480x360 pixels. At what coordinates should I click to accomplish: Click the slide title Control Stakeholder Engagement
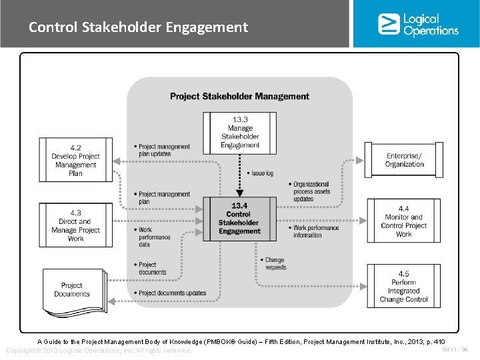(138, 27)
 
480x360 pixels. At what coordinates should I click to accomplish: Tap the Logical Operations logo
(418, 24)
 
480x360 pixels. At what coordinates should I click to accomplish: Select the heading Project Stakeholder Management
(239, 96)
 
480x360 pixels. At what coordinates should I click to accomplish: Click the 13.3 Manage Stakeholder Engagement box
(240, 132)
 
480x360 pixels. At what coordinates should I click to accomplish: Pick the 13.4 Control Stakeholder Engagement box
(239, 219)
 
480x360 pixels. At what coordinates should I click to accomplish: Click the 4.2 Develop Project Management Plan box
(75, 160)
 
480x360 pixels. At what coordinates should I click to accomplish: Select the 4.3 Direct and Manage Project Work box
(75, 225)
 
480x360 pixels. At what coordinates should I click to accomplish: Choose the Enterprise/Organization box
(404, 160)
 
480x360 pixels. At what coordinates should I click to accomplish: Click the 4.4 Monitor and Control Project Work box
(404, 221)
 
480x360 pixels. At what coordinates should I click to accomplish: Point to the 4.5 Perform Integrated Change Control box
(404, 287)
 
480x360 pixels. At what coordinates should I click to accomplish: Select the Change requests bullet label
(274, 263)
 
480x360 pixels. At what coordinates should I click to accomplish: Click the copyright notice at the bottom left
(98, 351)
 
